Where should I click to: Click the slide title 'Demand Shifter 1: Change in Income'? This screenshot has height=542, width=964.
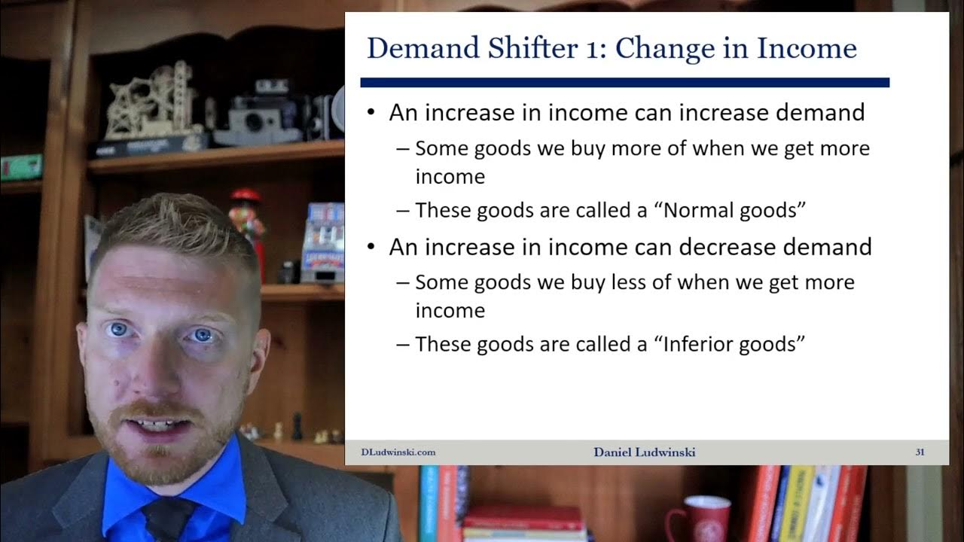pos(612,49)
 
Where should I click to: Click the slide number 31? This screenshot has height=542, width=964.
pos(920,452)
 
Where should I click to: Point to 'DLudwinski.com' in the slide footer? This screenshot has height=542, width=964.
pos(398,452)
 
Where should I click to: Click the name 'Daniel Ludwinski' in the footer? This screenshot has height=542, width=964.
pos(644,452)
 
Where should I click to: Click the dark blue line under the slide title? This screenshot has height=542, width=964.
pos(624,82)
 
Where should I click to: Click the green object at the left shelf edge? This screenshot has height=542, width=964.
pos(20,167)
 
